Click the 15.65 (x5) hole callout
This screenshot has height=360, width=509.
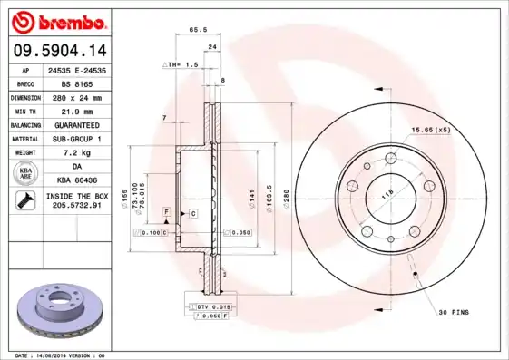click(430, 130)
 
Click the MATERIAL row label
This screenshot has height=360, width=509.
click(24, 139)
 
